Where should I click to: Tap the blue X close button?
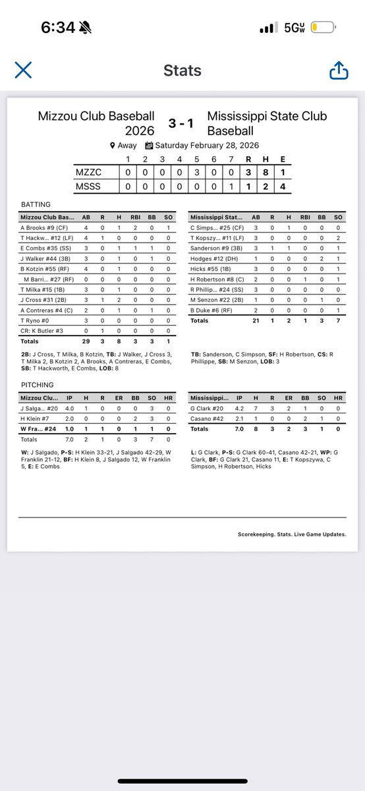click(23, 70)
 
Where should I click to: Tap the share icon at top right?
click(339, 70)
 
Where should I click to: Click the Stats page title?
click(182, 71)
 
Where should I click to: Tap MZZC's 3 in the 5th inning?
click(196, 172)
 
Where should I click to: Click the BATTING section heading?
click(36, 205)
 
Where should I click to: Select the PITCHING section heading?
click(37, 384)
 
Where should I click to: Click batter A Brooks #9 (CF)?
click(45, 228)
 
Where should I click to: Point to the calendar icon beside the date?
click(149, 146)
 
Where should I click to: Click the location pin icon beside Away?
click(113, 146)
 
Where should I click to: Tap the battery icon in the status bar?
click(323, 28)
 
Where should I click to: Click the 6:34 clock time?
click(58, 28)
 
